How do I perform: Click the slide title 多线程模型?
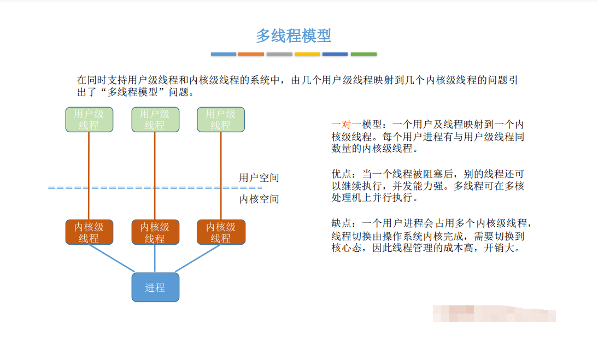[294, 36]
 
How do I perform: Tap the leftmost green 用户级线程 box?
[89, 120]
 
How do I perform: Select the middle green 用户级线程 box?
[155, 120]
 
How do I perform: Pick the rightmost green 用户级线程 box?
[221, 120]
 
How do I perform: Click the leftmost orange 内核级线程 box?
[89, 232]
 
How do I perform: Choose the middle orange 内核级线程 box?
[155, 232]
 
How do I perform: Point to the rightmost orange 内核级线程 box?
[221, 232]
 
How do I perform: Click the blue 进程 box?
[155, 287]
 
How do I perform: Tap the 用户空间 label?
[259, 178]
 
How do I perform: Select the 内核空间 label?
[259, 199]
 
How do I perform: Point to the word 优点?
[341, 174]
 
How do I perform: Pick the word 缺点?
[341, 223]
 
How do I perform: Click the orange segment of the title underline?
[251, 54]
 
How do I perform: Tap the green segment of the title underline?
[364, 54]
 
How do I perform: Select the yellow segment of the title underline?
[307, 54]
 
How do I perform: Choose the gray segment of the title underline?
[279, 54]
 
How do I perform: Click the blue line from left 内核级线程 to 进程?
[112, 258]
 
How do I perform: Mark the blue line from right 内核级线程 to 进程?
[198, 258]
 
